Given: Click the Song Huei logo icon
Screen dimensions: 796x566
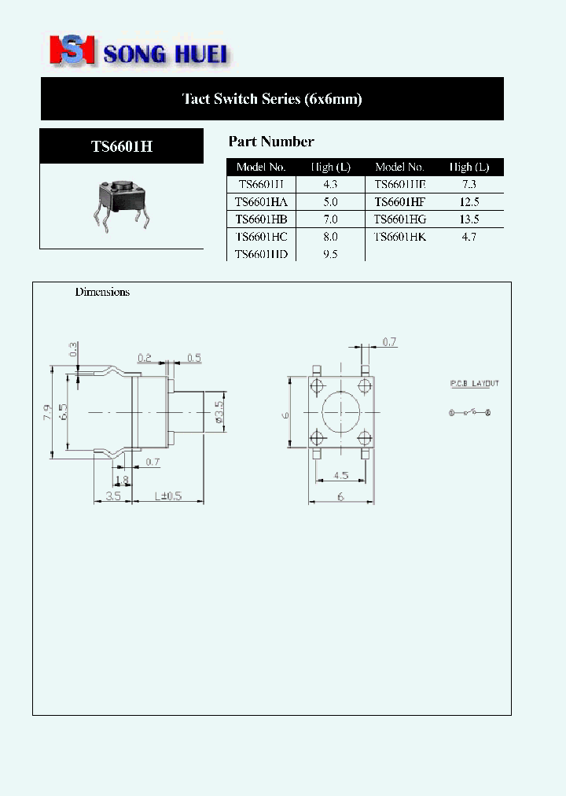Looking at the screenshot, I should pos(72,50).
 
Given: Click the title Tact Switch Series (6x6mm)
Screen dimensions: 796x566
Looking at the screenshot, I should pos(272,99).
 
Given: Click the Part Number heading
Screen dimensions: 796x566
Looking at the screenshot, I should pos(271,142).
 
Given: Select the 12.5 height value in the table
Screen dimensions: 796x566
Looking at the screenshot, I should pos(469,201).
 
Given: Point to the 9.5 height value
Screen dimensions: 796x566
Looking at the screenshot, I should pos(330,254).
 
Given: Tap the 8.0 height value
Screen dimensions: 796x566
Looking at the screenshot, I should pos(330,236).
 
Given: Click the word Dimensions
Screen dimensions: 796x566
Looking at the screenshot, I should pos(102,292).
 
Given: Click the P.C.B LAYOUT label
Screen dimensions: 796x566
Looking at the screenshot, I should pos(474,384).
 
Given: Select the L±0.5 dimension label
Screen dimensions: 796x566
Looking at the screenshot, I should pos(167,496).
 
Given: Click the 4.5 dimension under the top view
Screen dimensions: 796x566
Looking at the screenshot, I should pos(342,475).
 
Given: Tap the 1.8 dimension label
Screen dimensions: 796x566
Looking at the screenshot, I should pos(121,479).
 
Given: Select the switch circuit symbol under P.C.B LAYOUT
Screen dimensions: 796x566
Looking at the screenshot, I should pos(469,412).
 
